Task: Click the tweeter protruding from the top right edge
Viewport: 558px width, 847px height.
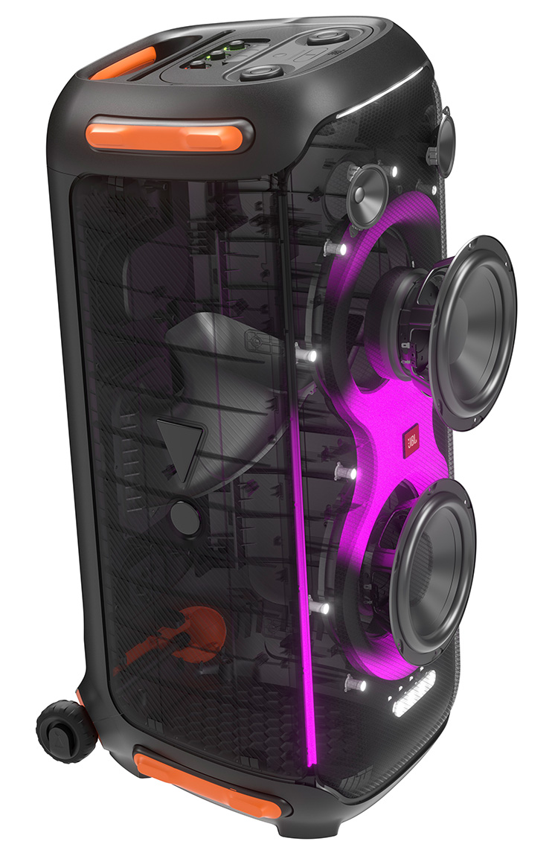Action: pos(446,141)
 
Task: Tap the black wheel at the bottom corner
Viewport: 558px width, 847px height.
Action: pos(59,731)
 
